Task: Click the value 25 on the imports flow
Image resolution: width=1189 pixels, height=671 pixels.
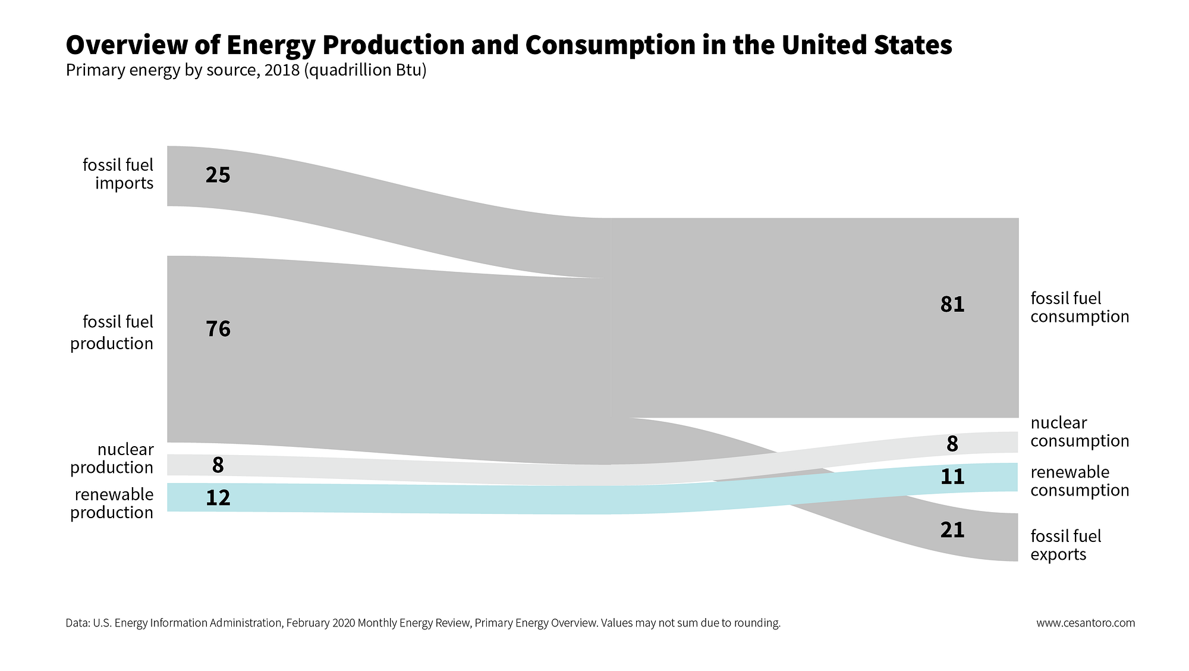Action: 218,175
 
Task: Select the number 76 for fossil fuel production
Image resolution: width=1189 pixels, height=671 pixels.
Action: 218,329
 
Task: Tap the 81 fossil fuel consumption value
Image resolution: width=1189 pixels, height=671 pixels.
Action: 952,305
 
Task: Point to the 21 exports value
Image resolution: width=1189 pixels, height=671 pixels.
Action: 952,529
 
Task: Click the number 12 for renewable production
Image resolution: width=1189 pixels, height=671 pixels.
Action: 218,498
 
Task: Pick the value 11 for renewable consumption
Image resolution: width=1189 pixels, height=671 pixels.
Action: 952,476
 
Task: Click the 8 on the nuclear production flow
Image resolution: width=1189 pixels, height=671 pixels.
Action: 218,465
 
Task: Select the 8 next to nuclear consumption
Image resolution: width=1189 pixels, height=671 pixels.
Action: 952,444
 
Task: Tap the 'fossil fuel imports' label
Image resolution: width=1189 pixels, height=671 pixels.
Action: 118,174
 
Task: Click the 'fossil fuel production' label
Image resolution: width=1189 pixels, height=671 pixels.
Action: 112,333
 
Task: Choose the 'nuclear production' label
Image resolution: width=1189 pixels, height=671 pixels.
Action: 112,458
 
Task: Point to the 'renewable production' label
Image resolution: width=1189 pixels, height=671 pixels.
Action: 112,503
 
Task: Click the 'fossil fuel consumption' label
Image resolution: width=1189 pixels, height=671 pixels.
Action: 1080,307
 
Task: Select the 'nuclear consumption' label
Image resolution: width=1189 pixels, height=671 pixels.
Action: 1080,432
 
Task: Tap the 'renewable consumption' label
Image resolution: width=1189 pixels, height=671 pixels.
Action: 1080,481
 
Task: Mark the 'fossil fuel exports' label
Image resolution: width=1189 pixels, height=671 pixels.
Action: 1065,545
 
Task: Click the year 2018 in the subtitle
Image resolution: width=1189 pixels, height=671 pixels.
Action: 282,70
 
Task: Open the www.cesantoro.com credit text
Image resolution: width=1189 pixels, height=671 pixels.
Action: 1086,623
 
